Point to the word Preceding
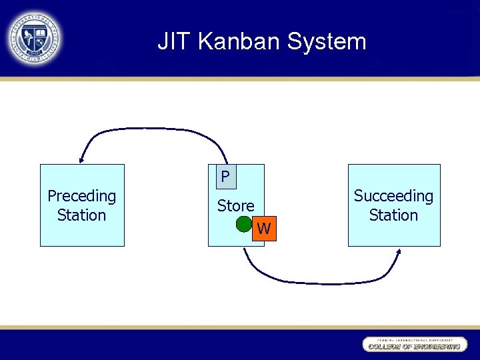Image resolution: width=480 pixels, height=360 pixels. point(81,196)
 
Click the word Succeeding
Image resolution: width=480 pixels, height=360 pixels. point(393,196)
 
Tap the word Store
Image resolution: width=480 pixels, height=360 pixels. point(235,206)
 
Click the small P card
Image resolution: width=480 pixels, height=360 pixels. point(225,177)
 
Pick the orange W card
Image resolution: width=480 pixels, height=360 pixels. point(265,229)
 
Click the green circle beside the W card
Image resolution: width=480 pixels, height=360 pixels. point(245,224)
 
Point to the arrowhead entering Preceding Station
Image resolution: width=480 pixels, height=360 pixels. point(81,159)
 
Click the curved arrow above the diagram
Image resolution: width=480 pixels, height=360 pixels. point(153,129)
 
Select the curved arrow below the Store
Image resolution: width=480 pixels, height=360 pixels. point(320,283)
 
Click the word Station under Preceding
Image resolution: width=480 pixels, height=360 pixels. point(81,215)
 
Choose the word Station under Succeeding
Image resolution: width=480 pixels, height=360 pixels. point(393,215)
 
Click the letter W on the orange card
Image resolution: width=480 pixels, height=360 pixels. point(264,229)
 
